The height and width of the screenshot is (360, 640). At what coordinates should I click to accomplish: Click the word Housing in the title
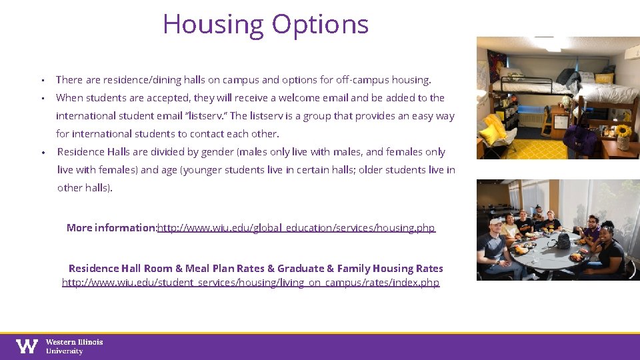pos(213,25)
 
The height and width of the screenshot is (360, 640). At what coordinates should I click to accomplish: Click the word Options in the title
pos(319,25)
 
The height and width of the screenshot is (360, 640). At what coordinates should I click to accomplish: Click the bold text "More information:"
pos(111,228)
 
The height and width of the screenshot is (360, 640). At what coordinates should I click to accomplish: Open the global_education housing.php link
pos(296,228)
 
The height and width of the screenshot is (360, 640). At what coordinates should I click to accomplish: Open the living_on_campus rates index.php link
pos(251,283)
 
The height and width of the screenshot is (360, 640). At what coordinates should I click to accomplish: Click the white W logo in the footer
pos(27,346)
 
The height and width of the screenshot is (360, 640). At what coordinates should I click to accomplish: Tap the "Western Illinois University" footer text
pos(74,346)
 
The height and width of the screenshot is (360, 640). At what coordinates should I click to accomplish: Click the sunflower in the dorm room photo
pos(623,131)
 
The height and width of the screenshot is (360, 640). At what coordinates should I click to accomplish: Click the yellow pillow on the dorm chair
pos(491,130)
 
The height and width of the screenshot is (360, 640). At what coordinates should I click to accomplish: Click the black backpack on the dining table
pos(563,240)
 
